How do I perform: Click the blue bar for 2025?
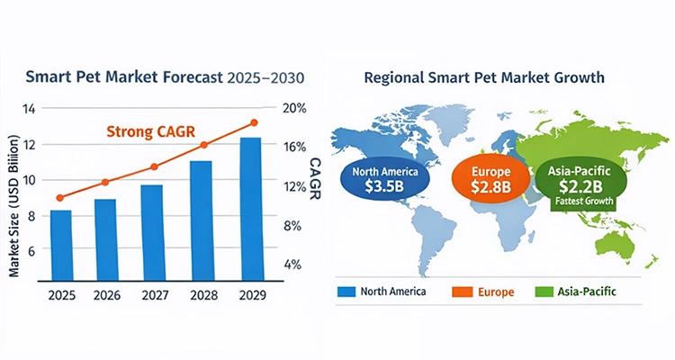pos(61,245)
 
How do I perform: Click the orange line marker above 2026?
pos(104,182)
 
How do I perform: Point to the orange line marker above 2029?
pos(254,122)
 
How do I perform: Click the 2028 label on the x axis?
pos(200,296)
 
